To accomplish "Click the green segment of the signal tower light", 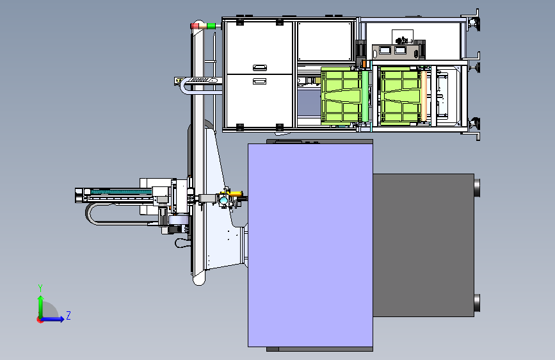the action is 211,26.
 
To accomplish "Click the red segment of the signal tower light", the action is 195,26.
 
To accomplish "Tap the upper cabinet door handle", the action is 260,67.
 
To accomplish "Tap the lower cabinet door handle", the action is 259,81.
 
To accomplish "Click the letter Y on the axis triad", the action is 40,288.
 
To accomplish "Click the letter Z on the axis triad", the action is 68,315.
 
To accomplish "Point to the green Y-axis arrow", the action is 41,307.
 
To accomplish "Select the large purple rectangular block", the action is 310,245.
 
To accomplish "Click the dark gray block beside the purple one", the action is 423,245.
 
